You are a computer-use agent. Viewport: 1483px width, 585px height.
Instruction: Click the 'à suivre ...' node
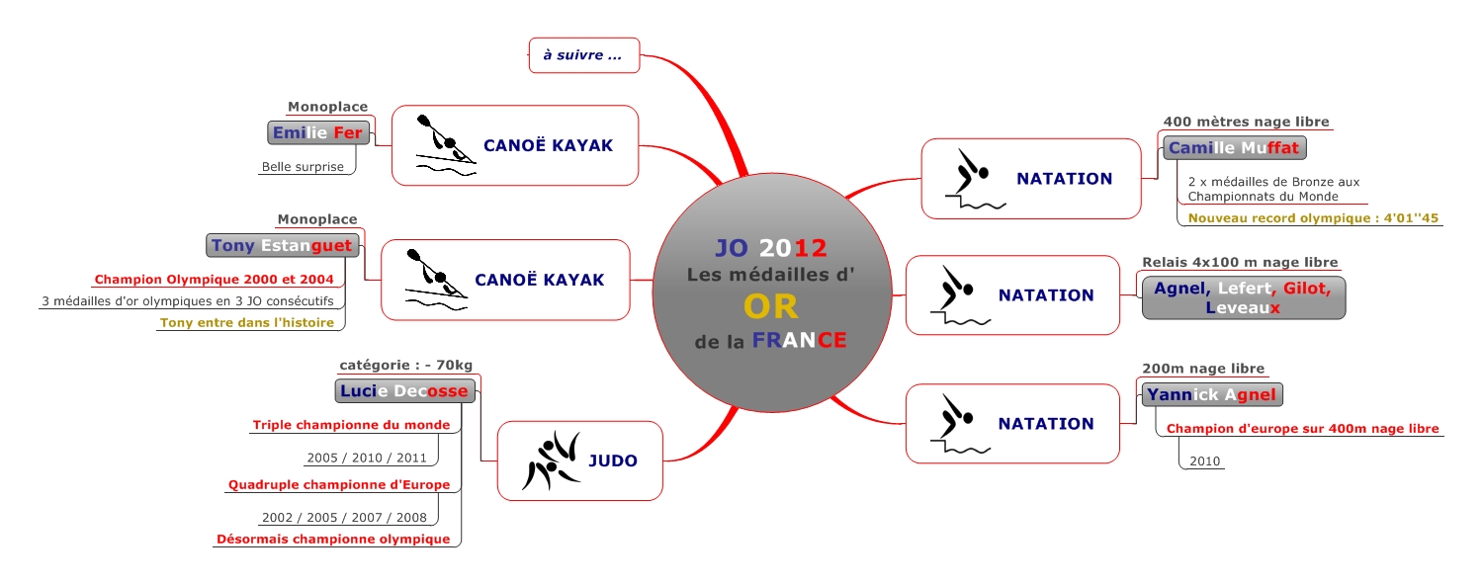click(x=583, y=55)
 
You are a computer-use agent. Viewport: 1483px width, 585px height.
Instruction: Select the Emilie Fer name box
click(x=317, y=132)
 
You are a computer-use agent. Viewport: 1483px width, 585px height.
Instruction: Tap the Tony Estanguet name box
click(x=281, y=245)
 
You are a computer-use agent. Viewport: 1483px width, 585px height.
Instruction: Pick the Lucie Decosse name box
click(x=404, y=391)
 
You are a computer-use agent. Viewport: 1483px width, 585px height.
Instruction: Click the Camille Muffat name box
click(x=1235, y=148)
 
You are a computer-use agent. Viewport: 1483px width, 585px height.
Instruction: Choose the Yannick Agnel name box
click(x=1211, y=395)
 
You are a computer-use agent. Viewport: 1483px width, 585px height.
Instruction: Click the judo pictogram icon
click(x=550, y=460)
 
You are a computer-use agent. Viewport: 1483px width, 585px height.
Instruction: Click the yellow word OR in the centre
click(x=771, y=306)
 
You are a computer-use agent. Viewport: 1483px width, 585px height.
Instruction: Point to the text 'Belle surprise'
click(x=303, y=167)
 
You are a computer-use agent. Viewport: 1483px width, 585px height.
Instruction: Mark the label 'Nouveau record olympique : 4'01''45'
click(x=1313, y=218)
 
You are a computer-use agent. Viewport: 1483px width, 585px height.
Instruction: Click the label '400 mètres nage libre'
click(x=1246, y=122)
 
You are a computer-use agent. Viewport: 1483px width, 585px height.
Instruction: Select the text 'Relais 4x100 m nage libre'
click(x=1240, y=262)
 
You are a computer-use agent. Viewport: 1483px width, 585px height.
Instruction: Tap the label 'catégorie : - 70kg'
click(x=405, y=367)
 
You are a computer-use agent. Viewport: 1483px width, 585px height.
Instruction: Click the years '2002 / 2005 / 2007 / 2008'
click(x=343, y=517)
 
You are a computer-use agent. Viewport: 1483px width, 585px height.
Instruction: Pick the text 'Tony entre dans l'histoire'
click(x=246, y=322)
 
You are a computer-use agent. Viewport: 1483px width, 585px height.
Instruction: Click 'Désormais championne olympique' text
click(x=333, y=539)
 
